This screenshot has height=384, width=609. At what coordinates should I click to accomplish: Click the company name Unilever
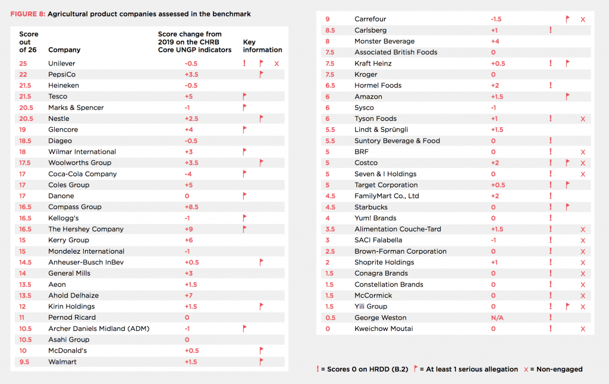[61, 63]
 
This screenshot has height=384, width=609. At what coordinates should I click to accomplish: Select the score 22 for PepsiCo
[23, 74]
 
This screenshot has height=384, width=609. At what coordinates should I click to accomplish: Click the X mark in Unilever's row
[277, 63]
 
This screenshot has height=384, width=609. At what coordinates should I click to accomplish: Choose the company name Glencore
[63, 130]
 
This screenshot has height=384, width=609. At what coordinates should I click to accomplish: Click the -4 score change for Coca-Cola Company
[191, 174]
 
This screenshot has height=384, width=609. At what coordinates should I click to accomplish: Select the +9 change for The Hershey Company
[191, 229]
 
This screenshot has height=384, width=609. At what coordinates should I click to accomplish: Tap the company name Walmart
[62, 362]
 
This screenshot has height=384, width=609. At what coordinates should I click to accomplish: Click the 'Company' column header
[64, 50]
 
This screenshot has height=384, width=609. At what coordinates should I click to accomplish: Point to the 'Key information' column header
[262, 46]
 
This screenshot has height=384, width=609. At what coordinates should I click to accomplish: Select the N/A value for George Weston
[497, 318]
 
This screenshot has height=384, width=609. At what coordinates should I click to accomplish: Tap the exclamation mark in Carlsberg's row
[551, 30]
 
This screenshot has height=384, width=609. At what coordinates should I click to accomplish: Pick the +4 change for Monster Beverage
[494, 42]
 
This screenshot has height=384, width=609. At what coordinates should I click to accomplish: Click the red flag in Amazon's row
[568, 96]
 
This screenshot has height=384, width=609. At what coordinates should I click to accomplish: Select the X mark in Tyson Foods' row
[583, 119]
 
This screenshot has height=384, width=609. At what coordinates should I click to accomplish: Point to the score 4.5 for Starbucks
[330, 207]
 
